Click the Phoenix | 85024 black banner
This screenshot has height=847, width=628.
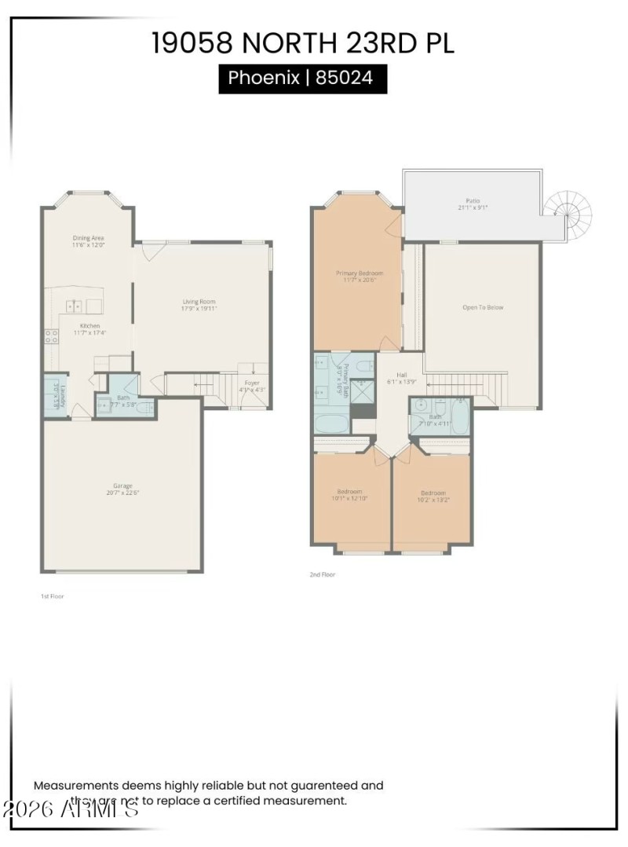click(302, 79)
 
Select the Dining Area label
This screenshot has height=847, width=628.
click(89, 238)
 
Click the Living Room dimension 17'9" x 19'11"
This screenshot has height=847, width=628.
click(198, 309)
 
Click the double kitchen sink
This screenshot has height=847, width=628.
click(75, 306)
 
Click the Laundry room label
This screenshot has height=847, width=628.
click(56, 394)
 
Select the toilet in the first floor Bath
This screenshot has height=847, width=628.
click(144, 406)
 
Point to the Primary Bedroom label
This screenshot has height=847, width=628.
click(360, 273)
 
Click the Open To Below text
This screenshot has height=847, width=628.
click(483, 307)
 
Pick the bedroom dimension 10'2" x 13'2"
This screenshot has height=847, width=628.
click(433, 500)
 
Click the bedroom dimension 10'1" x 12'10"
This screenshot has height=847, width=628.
click(350, 498)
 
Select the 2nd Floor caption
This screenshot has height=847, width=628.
click(322, 575)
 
